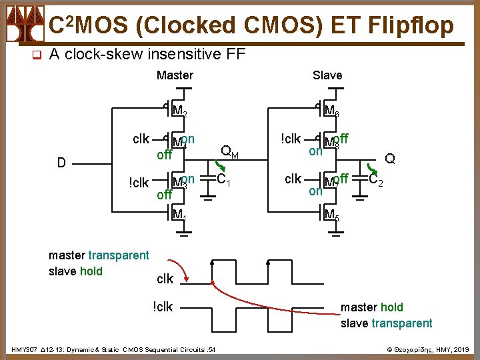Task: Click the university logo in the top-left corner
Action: [23, 25]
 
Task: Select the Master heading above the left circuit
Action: [175, 75]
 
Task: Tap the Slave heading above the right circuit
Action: [327, 75]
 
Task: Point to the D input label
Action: [61, 163]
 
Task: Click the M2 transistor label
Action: [179, 111]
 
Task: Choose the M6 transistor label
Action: [331, 111]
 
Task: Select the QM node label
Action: [229, 152]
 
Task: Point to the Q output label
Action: [390, 159]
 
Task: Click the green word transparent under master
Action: [119, 255]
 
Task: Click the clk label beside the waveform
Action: [165, 278]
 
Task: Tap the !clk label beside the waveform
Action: [163, 307]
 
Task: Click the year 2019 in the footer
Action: [460, 349]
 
